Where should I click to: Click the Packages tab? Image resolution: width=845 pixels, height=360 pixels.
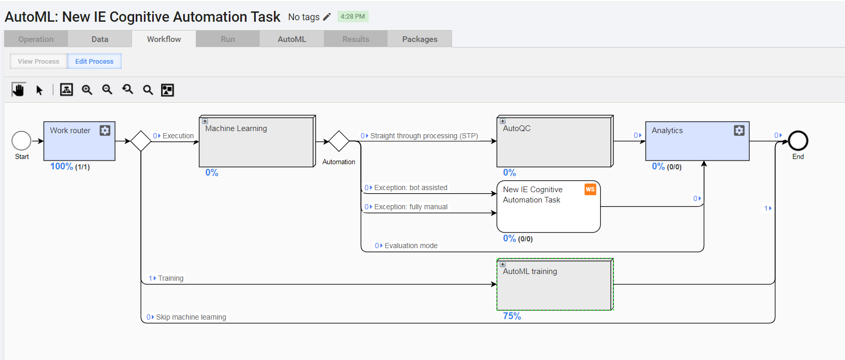[x=419, y=39]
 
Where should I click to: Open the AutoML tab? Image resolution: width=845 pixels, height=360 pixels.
[x=292, y=39]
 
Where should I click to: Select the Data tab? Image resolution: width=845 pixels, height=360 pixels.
[x=100, y=39]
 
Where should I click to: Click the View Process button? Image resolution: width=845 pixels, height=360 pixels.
[x=38, y=61]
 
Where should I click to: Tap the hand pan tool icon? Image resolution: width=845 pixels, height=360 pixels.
[x=18, y=90]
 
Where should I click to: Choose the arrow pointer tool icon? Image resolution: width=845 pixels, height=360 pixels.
[x=39, y=90]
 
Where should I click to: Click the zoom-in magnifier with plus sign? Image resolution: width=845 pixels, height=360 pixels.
[x=87, y=90]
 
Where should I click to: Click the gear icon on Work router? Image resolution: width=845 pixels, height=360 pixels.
[x=105, y=130]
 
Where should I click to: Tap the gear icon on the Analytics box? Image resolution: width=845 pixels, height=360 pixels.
[x=739, y=130]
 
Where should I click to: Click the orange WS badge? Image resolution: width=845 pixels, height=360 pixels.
[x=590, y=189]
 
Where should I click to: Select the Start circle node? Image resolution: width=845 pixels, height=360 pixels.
[x=22, y=141]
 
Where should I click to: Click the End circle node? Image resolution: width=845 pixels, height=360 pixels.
[x=798, y=141]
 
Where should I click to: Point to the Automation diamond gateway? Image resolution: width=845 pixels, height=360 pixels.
[x=339, y=141]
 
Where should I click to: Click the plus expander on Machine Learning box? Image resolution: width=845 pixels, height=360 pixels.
[x=205, y=121]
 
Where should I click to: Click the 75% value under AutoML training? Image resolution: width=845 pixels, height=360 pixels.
[x=512, y=316]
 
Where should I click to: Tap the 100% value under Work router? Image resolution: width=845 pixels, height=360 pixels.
[x=62, y=166]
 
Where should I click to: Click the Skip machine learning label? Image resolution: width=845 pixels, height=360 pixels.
[x=191, y=317]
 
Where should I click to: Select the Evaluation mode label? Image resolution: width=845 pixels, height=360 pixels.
[x=411, y=246]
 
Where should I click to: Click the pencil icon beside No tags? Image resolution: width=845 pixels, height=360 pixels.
[x=327, y=17]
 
